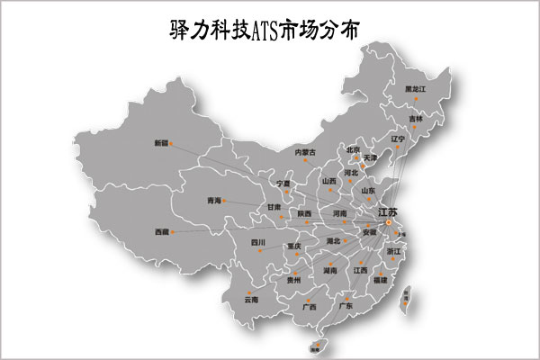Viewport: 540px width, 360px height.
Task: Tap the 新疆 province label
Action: pyautogui.click(x=161, y=144)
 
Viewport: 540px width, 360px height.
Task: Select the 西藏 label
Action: pyautogui.click(x=161, y=232)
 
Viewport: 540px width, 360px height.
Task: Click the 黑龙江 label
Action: pyautogui.click(x=416, y=89)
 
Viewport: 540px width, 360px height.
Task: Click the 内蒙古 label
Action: pyautogui.click(x=305, y=152)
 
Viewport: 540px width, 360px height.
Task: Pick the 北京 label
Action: pyautogui.click(x=353, y=150)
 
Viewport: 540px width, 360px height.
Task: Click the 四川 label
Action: pyautogui.click(x=258, y=242)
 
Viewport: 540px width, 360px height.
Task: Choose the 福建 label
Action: pyautogui.click(x=380, y=280)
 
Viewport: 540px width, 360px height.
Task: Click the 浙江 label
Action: pyautogui.click(x=394, y=252)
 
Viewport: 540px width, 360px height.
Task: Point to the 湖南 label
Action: pyautogui.click(x=330, y=269)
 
